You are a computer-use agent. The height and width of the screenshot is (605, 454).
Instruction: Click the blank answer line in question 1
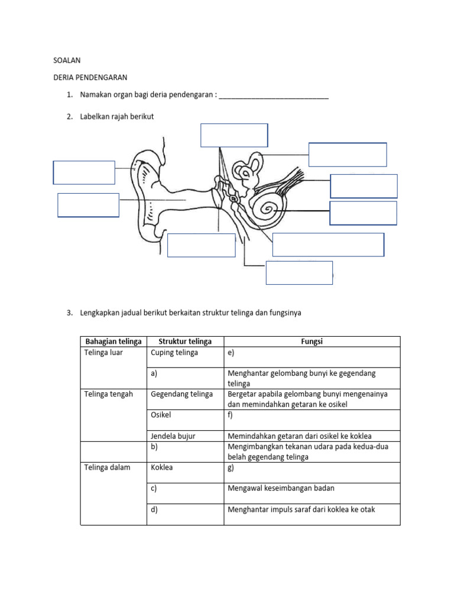click(x=273, y=96)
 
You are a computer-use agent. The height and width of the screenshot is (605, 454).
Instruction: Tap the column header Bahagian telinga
click(x=113, y=341)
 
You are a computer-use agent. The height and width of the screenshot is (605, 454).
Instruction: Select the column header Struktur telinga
click(x=185, y=341)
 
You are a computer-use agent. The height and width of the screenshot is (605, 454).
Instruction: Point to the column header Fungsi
click(x=312, y=341)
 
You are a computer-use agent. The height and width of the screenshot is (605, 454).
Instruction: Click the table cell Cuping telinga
click(x=174, y=353)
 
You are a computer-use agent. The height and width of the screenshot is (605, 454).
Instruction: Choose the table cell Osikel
click(x=161, y=415)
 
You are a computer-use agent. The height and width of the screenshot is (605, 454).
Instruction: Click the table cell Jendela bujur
click(x=173, y=436)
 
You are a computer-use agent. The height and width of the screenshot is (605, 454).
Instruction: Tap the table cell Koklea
click(x=161, y=467)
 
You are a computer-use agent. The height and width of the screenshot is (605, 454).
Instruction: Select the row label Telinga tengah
click(x=109, y=394)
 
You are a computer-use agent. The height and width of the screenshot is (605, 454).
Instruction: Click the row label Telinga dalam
click(x=108, y=467)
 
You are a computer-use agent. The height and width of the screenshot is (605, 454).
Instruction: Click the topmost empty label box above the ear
click(x=234, y=135)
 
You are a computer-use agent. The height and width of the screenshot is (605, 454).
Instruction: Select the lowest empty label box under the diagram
click(x=299, y=272)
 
